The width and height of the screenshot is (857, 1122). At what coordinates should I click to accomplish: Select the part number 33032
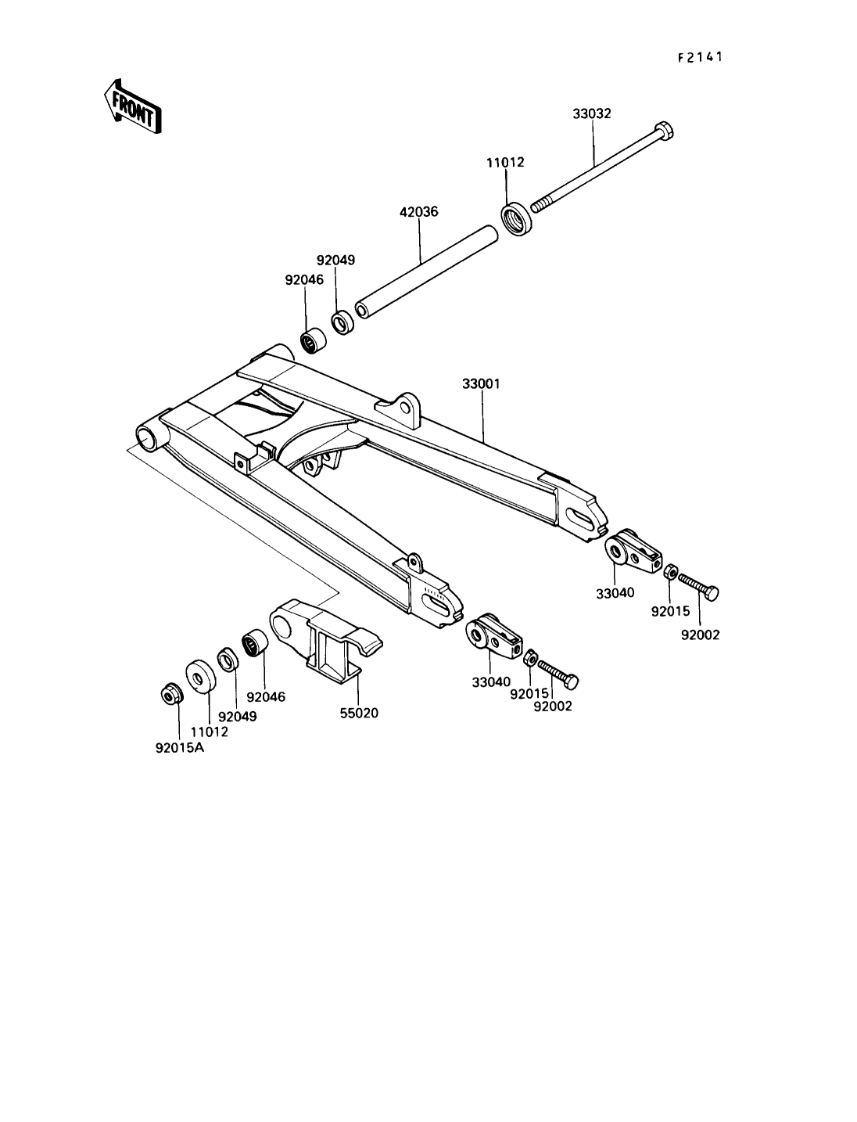click(x=591, y=113)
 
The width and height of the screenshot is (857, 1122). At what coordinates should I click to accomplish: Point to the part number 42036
click(x=419, y=211)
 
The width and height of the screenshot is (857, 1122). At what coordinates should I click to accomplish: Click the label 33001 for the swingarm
click(x=481, y=384)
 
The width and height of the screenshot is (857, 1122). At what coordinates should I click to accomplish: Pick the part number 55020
click(x=359, y=713)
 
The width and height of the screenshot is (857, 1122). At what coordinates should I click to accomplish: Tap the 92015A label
click(x=180, y=746)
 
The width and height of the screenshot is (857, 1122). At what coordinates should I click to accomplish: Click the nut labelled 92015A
click(x=170, y=692)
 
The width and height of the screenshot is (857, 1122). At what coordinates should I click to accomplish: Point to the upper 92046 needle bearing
click(x=314, y=342)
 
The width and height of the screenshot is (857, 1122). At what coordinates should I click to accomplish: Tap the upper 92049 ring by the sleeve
click(x=341, y=322)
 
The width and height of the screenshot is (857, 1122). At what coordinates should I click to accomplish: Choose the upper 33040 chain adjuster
click(x=633, y=552)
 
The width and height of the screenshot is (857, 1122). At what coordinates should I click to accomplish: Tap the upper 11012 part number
click(x=504, y=163)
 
